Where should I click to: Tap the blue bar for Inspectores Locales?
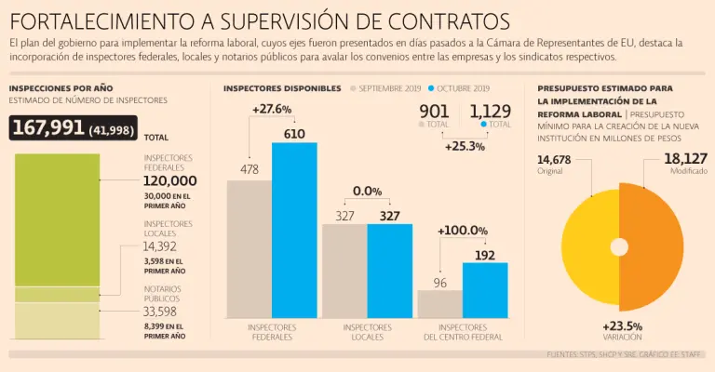(389, 270)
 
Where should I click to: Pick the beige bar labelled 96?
(439, 304)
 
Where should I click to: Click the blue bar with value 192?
(485, 290)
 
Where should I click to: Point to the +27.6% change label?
(272, 109)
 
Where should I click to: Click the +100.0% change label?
(463, 230)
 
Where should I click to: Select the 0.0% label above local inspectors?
(367, 191)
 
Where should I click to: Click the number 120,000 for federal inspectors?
(170, 180)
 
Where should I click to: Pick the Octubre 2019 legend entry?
(458, 88)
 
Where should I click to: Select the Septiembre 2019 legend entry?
(386, 88)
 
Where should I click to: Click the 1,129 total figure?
(491, 113)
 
